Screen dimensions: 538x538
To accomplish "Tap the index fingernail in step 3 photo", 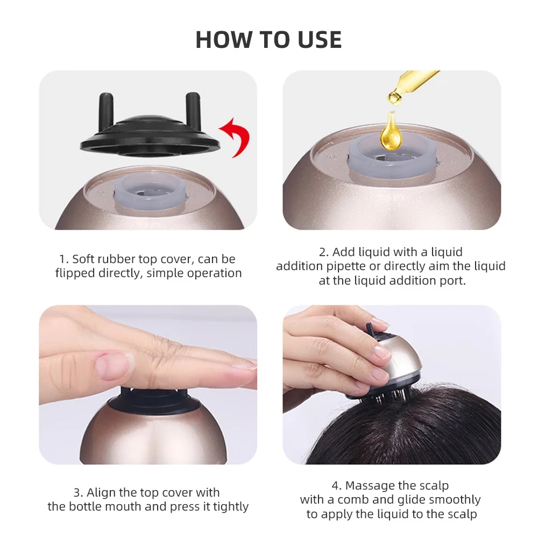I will pyautogui.click(x=114, y=366).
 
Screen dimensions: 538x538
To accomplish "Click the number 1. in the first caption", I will pyautogui.click(x=64, y=259).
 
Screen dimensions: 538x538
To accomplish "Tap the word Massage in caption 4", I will pyautogui.click(x=369, y=486).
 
